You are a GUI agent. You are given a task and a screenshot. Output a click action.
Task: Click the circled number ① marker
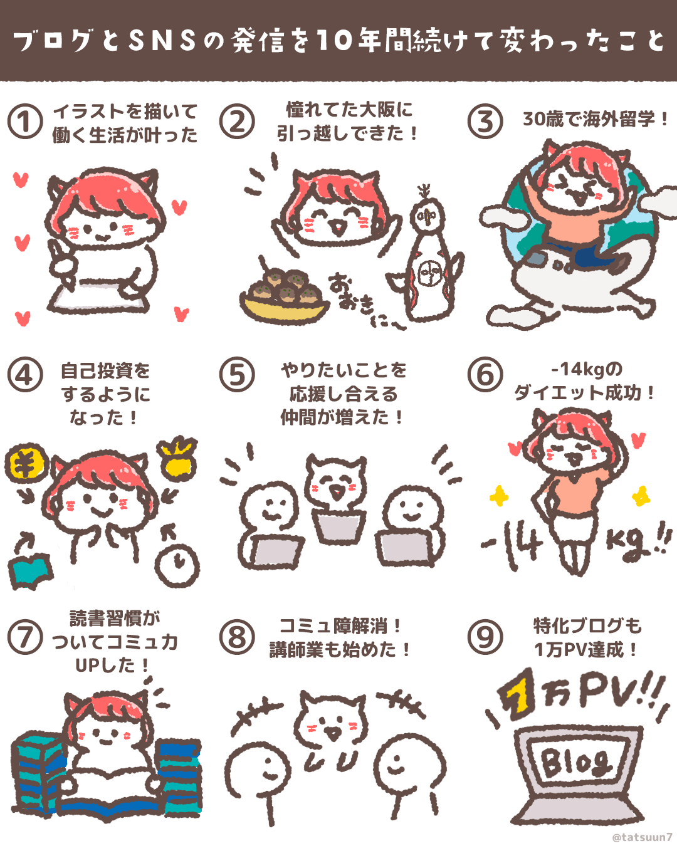[x=25, y=122]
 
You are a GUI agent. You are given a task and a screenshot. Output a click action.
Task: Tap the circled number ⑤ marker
[x=237, y=375]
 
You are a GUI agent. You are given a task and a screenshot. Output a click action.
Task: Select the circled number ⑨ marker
[x=485, y=637]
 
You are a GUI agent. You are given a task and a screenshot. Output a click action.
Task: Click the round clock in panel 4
[x=177, y=565]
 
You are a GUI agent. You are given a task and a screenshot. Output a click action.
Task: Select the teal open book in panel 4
[x=31, y=571]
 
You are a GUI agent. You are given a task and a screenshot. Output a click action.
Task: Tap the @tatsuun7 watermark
[x=642, y=837]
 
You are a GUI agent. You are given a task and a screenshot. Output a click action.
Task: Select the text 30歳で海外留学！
[x=596, y=120]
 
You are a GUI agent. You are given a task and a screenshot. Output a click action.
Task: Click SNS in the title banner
[x=162, y=41]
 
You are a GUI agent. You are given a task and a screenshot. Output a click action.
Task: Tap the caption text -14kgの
[x=587, y=370]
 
